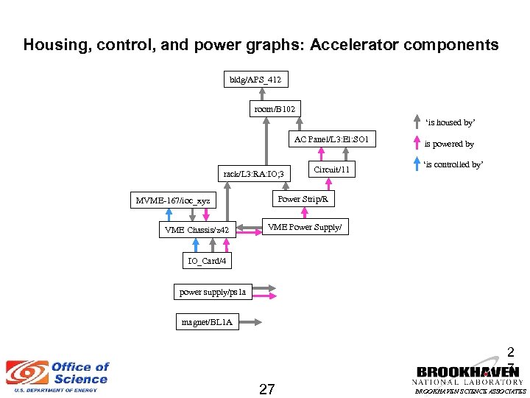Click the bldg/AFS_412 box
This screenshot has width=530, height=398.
coord(255,79)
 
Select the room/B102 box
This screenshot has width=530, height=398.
coord(275,109)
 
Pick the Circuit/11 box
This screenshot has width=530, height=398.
coord(331,170)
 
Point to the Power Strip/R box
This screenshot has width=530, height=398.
coord(303,199)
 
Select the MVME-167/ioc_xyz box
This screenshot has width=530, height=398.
coord(172,200)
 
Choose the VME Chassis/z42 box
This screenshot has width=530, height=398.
coord(197,230)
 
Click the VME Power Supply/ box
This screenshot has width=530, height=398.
coord(304,227)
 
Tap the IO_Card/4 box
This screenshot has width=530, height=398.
coord(207,260)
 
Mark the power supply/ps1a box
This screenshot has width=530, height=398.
coord(212,292)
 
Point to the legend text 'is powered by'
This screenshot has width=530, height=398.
coord(449,144)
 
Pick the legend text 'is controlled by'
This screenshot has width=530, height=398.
coord(453,164)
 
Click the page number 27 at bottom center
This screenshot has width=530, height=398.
coord(267,388)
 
